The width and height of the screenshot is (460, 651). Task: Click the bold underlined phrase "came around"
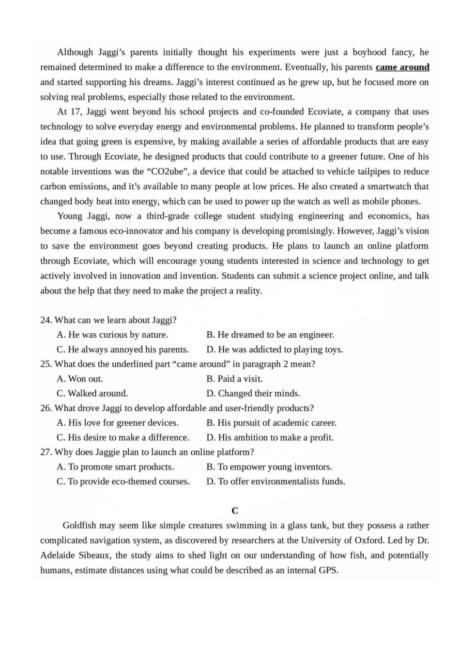click(402, 67)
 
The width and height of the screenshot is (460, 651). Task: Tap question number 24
click(46, 320)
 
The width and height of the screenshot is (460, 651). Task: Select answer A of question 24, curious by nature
click(112, 335)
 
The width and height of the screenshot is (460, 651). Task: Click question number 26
click(46, 408)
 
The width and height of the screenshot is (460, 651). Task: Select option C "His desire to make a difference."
click(123, 437)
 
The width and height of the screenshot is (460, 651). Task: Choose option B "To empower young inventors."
click(269, 467)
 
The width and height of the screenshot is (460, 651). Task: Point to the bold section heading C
click(235, 511)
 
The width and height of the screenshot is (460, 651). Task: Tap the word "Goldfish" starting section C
click(80, 526)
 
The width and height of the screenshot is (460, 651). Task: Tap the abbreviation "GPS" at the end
click(328, 570)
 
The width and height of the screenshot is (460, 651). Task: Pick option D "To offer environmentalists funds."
click(276, 481)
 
